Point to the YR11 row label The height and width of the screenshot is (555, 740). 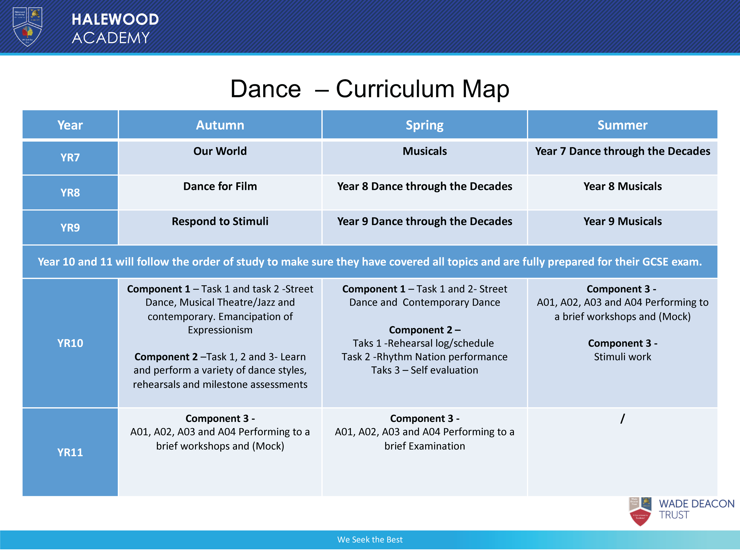click(x=70, y=452)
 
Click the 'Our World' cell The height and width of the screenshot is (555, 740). click(x=220, y=151)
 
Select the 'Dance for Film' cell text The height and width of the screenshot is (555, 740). click(x=220, y=186)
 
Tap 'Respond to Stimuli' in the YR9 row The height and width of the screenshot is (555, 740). click(x=220, y=222)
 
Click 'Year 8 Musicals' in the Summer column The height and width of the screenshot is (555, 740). click(x=623, y=186)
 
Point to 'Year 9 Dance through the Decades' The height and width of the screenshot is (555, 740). click(x=425, y=222)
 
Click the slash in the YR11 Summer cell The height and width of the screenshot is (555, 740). click(x=623, y=418)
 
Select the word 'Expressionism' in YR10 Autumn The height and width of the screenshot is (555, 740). click(x=220, y=330)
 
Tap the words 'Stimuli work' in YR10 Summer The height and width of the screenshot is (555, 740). click(x=623, y=357)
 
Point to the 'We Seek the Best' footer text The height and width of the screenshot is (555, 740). click(x=370, y=540)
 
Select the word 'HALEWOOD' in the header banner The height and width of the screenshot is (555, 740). click(x=115, y=19)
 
